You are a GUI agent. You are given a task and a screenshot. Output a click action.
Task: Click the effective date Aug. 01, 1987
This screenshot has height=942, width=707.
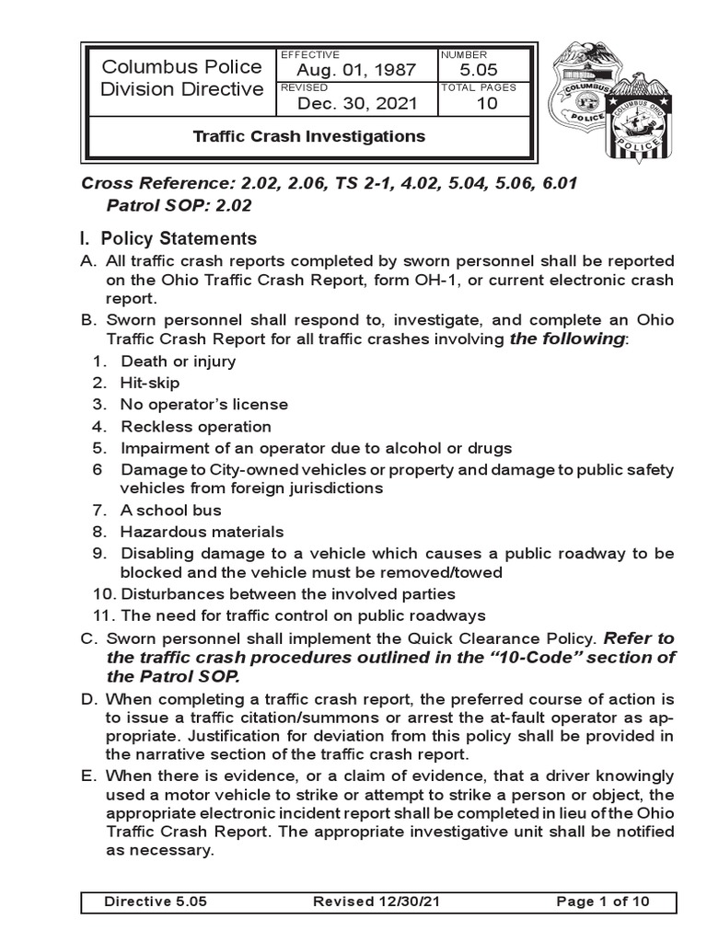pos(355,71)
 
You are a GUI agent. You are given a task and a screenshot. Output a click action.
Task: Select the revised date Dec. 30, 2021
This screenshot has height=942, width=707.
pos(355,104)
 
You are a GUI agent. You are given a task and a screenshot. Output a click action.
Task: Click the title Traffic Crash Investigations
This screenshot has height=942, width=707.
pos(308,136)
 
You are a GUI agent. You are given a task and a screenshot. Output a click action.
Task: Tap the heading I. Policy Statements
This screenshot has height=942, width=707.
pos(169,239)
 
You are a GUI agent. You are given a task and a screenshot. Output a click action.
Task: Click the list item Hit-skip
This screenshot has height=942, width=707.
pos(150,383)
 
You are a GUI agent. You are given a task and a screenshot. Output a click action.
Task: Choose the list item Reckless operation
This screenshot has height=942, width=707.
pos(195,427)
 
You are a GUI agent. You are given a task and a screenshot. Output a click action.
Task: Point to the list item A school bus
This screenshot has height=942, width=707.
pos(170,510)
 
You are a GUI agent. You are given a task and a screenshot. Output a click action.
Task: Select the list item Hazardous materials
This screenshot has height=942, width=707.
pos(202,532)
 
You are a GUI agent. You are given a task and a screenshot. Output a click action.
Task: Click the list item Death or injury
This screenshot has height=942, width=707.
pos(178,361)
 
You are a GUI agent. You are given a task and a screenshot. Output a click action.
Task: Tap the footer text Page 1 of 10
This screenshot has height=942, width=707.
pos(603,902)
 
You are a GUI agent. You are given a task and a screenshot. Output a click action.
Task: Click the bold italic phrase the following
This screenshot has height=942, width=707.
pos(568,339)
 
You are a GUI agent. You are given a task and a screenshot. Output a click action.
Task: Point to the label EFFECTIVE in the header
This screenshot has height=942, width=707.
pos(309,55)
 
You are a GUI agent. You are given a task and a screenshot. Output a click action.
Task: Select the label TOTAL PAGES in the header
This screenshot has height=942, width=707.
pos(479,87)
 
